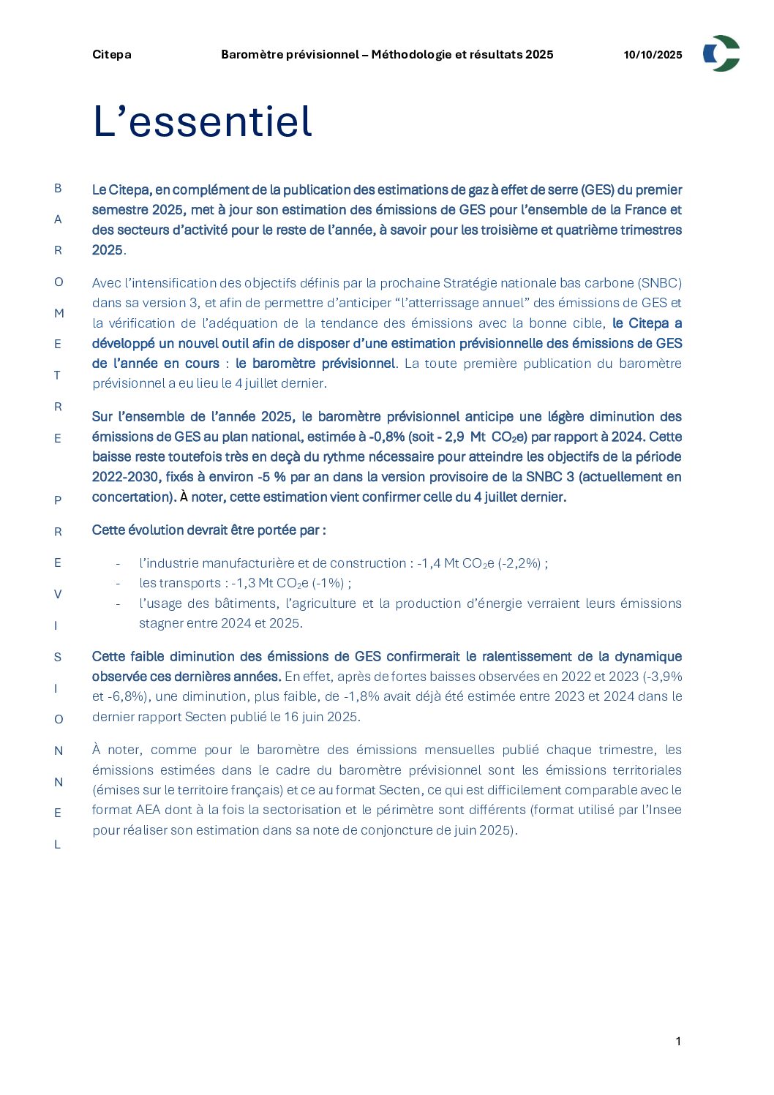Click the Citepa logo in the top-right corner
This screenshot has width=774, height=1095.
coord(721,53)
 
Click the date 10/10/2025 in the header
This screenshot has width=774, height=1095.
coord(653,55)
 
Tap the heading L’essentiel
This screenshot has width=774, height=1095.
coord(202,121)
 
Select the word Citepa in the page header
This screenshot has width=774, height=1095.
coord(112,55)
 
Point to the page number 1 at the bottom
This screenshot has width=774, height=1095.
coord(678,1042)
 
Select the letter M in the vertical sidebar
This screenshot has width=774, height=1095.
coord(59,313)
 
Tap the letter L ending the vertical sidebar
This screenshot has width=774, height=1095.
coord(57,844)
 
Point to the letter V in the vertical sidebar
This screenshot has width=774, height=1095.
coord(58,594)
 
